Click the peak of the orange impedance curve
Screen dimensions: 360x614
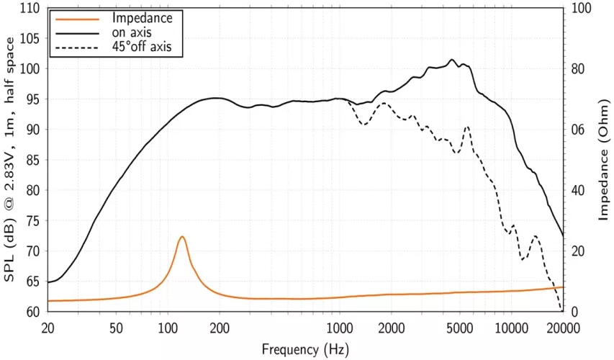[182, 237]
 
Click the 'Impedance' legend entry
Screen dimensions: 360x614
[142, 18]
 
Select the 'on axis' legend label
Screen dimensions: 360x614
[132, 32]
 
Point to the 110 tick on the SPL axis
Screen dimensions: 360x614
[30, 9]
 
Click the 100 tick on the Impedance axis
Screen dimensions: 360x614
[582, 9]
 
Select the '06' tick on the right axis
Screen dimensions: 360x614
[579, 130]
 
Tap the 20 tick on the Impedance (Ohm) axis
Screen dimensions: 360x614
[579, 251]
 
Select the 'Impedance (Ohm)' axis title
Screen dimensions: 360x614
[604, 160]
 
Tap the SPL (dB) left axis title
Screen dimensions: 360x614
[11, 160]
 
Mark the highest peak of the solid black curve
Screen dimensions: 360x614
[452, 60]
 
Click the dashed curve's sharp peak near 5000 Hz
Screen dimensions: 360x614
[468, 127]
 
